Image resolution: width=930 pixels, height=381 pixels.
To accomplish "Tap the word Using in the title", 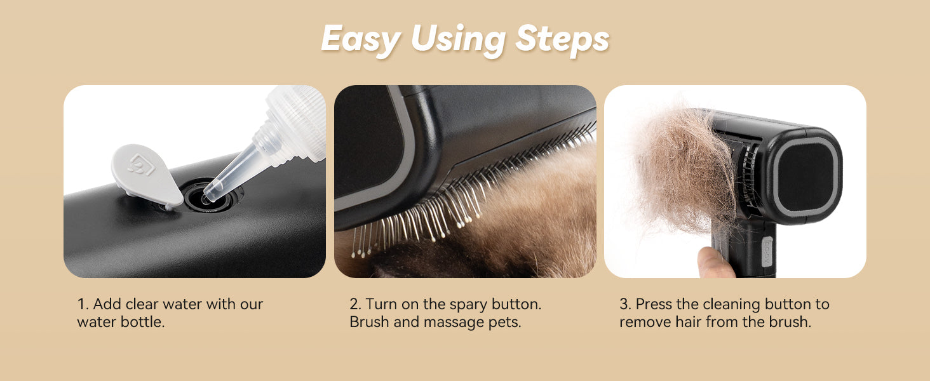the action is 458,40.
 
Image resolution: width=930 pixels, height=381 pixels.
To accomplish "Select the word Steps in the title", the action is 562,40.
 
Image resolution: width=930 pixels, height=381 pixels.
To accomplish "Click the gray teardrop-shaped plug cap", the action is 147,175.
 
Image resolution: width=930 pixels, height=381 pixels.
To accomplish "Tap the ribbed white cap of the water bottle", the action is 295,123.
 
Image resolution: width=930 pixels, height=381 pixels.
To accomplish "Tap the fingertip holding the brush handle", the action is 715,262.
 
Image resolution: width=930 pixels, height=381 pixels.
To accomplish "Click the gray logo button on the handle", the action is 766,251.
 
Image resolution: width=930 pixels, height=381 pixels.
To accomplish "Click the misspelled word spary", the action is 468,305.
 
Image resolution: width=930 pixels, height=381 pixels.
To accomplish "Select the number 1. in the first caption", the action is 83,304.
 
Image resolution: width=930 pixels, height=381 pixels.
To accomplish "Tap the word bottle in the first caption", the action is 142,322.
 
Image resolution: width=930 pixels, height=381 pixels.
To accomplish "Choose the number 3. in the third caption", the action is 625,304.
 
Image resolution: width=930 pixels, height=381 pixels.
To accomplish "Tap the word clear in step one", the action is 142,304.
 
